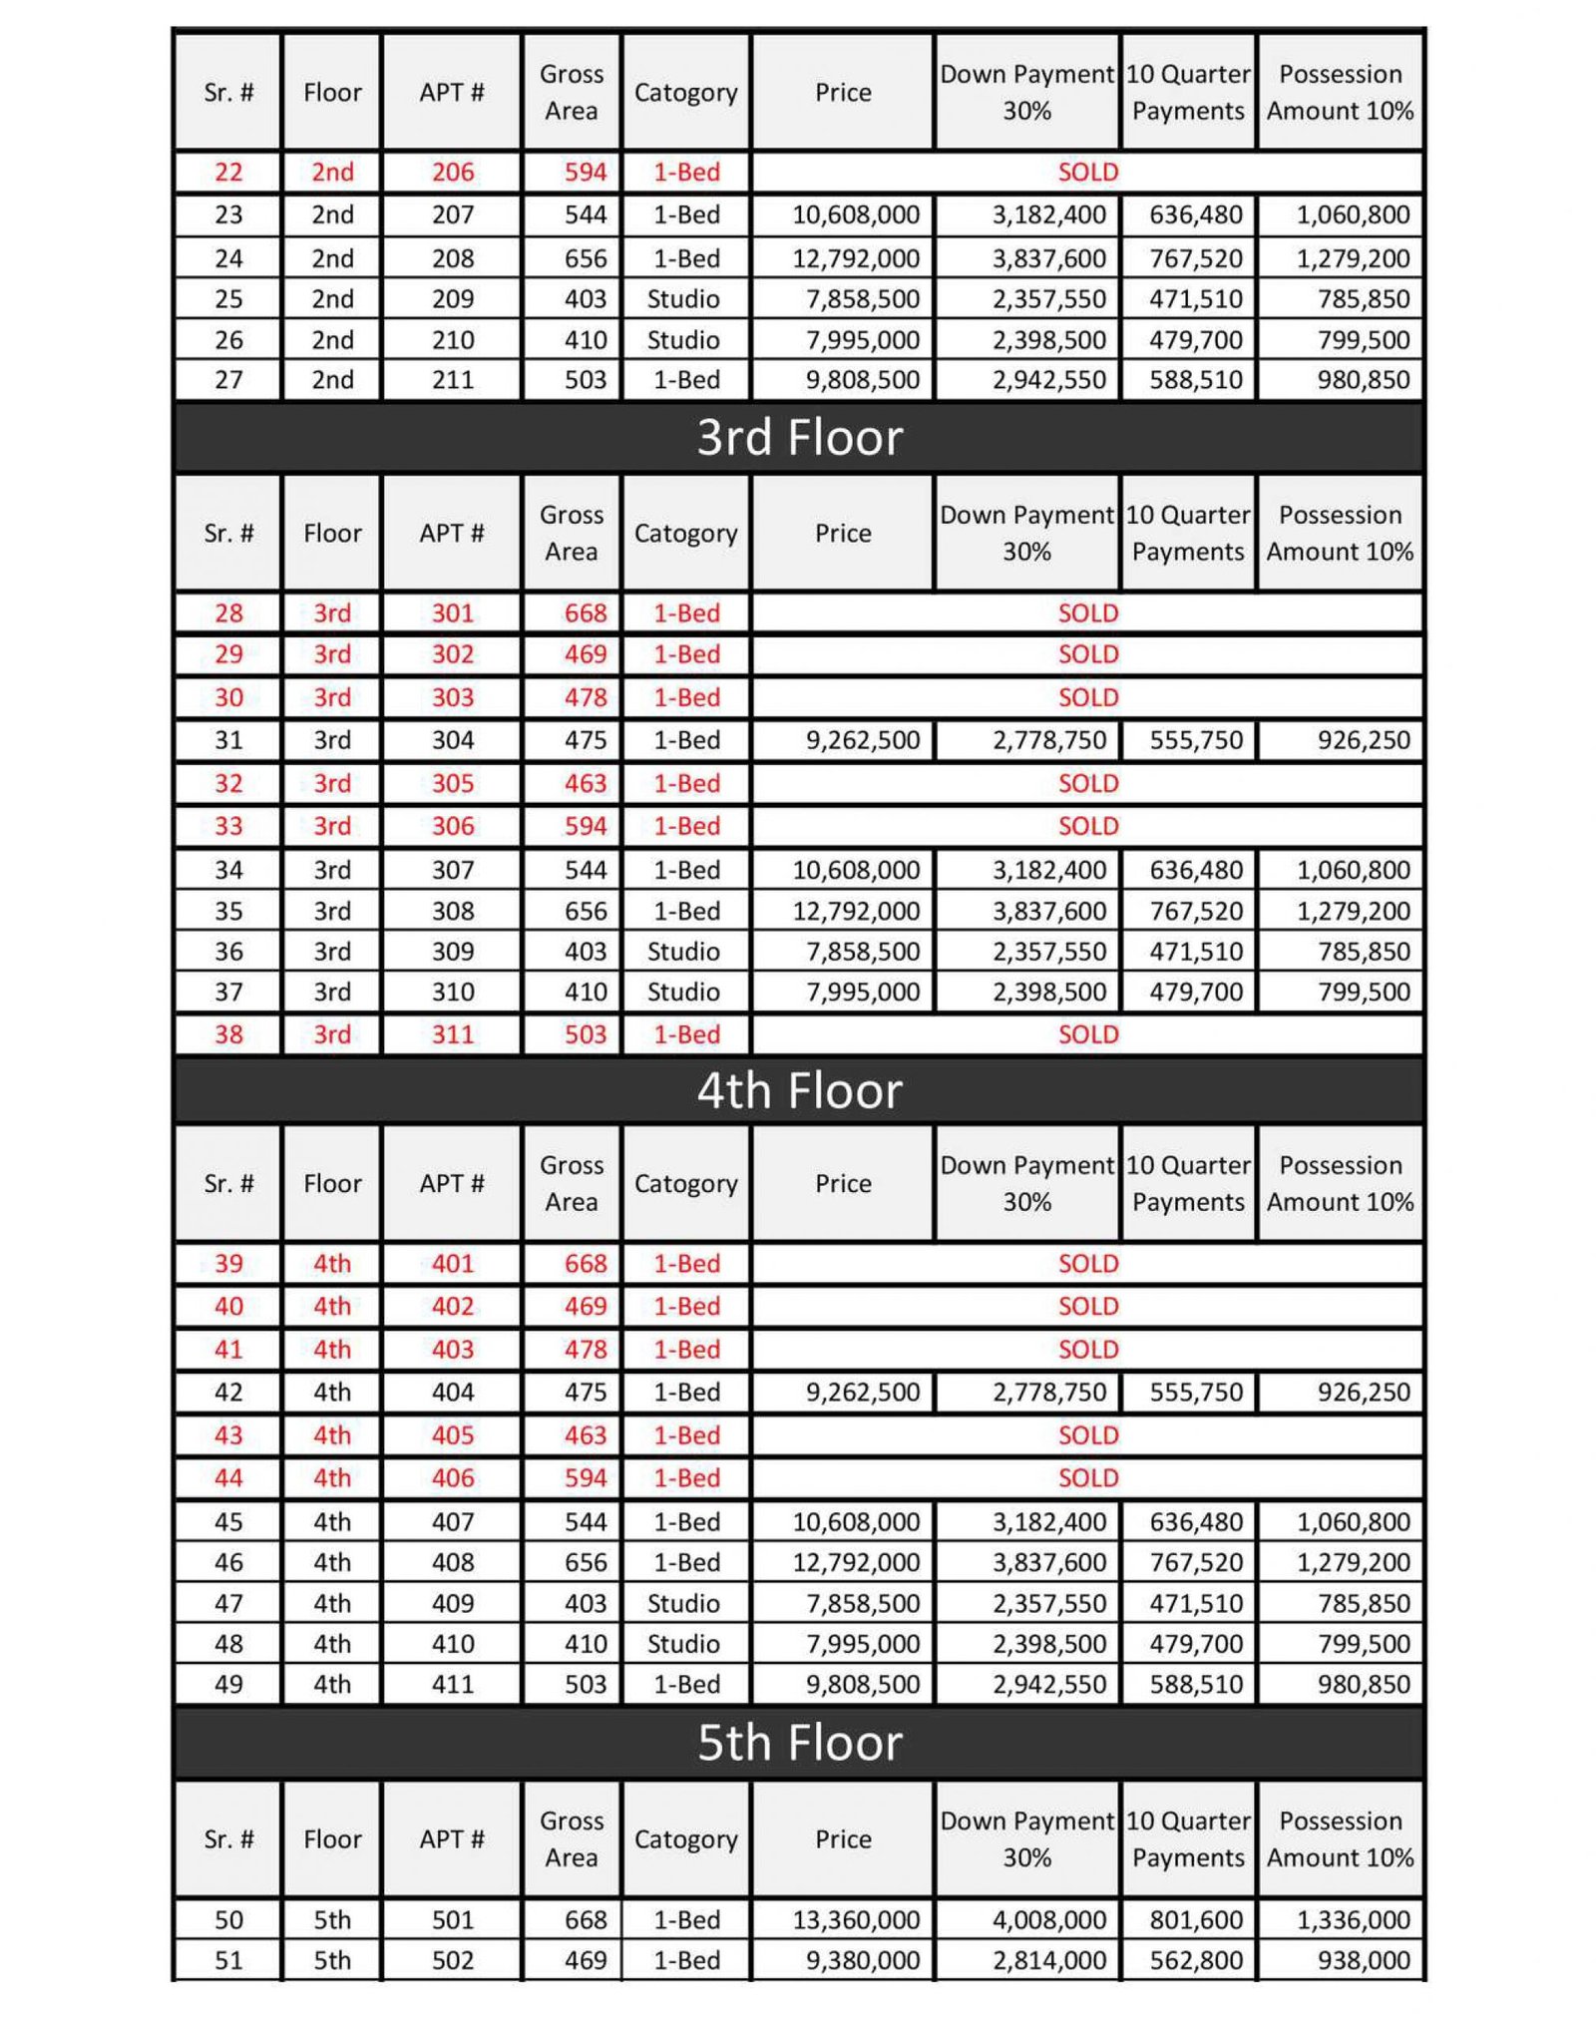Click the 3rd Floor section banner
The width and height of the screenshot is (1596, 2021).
pos(799,438)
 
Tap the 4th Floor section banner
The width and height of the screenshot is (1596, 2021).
pos(799,1090)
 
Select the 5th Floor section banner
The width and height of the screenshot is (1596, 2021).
pos(799,1743)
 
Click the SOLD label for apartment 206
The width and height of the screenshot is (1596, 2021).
pos(1087,172)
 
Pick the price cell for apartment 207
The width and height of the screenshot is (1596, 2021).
pos(855,215)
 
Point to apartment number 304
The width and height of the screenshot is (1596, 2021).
pos(452,740)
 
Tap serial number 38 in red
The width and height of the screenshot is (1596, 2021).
pos(228,1034)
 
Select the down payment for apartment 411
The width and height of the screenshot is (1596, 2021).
pos(1048,1684)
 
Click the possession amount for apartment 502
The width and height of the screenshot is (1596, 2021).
pos(1363,1960)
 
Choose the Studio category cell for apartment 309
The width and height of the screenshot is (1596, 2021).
pos(683,952)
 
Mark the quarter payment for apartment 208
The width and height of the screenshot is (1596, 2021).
pos(1195,258)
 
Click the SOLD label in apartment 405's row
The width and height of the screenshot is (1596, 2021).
pos(1087,1434)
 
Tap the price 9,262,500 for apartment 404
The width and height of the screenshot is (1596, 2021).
pos(862,1392)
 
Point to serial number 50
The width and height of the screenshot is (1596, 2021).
pos(228,1919)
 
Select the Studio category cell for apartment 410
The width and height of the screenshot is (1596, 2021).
pos(683,1643)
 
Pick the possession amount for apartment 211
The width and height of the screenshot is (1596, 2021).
pos(1363,380)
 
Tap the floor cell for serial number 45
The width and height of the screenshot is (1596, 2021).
pos(332,1521)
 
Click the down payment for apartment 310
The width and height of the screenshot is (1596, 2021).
pos(1048,992)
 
